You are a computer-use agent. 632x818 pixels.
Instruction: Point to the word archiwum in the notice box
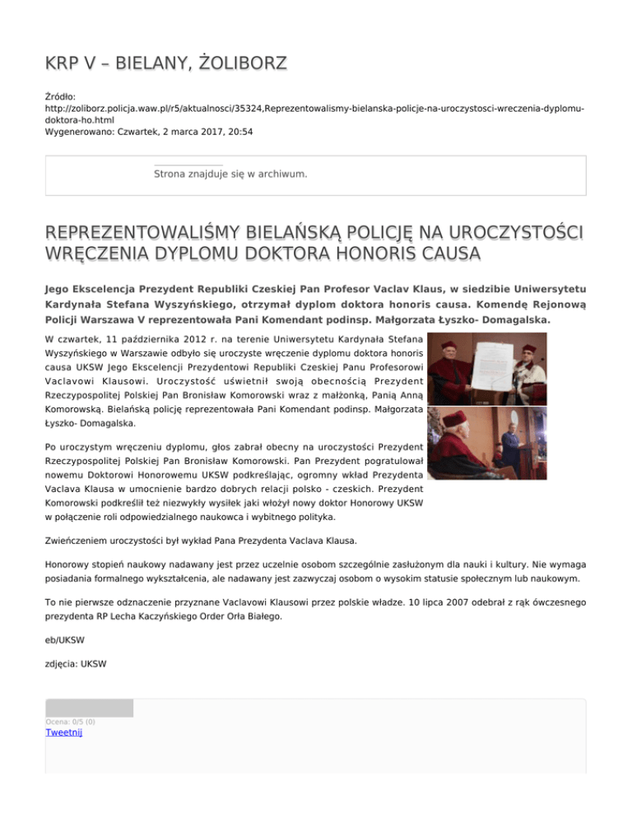(282, 174)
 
